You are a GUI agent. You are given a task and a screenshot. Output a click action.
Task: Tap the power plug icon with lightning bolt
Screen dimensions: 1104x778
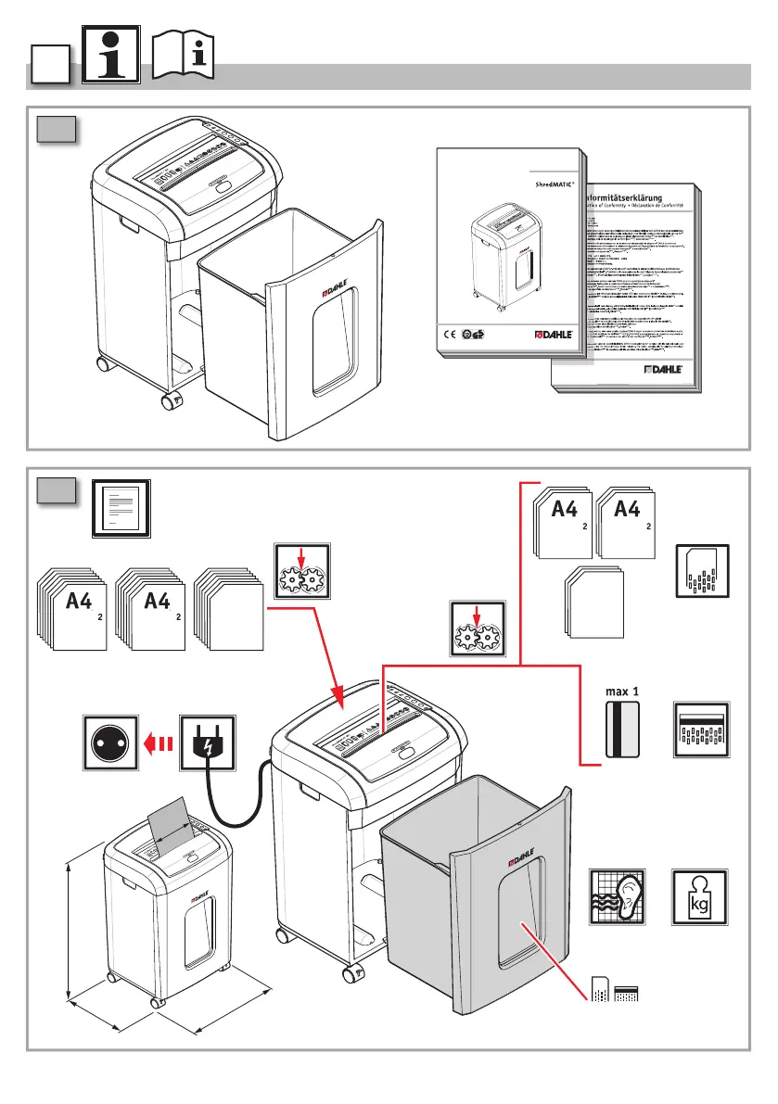point(208,742)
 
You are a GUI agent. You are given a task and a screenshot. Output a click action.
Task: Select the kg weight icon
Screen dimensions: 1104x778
point(699,897)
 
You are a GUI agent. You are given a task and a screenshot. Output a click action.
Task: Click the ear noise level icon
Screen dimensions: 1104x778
point(618,897)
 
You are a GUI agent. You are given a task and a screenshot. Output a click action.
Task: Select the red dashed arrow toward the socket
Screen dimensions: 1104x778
point(159,742)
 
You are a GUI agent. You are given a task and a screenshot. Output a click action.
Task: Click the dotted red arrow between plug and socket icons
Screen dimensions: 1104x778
point(159,742)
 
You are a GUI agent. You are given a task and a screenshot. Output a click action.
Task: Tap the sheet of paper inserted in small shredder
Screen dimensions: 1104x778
point(171,823)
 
